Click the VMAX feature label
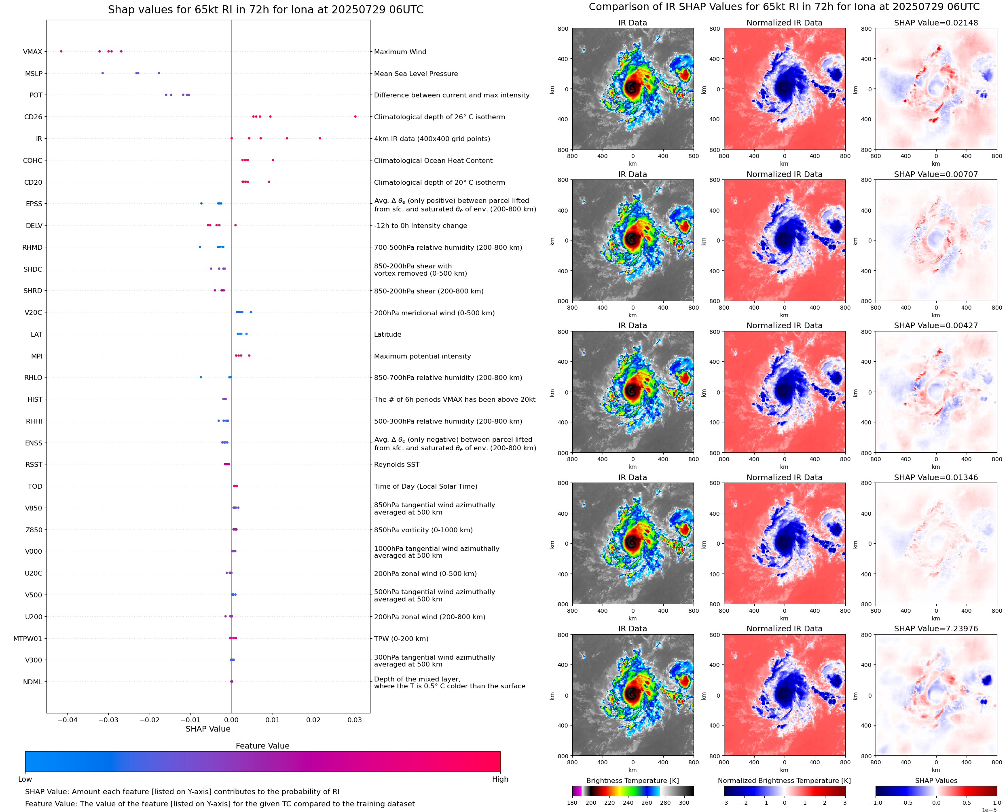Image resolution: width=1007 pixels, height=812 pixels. click(32, 52)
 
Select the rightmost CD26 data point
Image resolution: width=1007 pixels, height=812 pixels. click(355, 116)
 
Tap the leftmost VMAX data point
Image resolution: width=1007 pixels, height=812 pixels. click(61, 51)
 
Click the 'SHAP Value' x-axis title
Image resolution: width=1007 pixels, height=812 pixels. click(208, 729)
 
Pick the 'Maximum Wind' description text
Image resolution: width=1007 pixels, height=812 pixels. click(400, 52)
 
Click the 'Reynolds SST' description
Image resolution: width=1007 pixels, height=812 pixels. click(396, 464)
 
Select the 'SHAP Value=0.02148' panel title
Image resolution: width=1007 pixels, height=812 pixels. click(936, 23)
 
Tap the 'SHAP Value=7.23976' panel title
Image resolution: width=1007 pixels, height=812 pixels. click(936, 629)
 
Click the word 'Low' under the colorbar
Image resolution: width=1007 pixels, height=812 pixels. click(25, 779)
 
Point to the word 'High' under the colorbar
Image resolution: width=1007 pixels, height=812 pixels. click(500, 779)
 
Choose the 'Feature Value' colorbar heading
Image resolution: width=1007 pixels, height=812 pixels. click(262, 746)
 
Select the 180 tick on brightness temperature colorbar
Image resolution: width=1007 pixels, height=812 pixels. click(572, 803)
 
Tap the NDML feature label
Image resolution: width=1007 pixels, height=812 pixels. click(32, 682)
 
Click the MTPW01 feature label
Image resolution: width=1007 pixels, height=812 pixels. click(28, 639)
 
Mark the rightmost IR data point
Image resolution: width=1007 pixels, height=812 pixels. click(319, 138)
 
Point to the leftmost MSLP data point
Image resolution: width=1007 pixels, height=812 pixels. click(102, 73)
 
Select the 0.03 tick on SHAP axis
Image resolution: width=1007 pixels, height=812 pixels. click(355, 720)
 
